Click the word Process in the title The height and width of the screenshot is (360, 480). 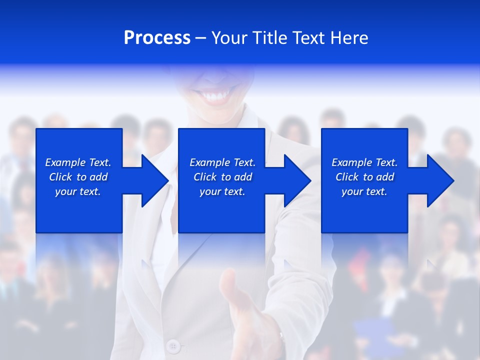(x=157, y=38)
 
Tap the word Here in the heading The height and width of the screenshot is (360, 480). (x=350, y=38)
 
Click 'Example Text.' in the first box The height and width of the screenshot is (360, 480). (x=78, y=162)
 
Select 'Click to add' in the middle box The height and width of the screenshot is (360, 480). (x=222, y=177)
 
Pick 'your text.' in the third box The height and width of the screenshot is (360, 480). (x=364, y=191)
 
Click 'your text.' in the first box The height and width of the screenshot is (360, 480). (x=78, y=191)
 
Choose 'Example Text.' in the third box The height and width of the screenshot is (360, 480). (x=364, y=162)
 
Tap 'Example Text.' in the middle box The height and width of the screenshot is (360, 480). (x=222, y=162)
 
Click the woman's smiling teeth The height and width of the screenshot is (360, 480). (x=217, y=95)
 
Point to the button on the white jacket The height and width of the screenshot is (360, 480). (x=173, y=345)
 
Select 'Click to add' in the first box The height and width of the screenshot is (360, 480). (x=78, y=177)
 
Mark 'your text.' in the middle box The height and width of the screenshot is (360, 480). (x=222, y=191)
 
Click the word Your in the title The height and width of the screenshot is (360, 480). (x=229, y=38)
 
